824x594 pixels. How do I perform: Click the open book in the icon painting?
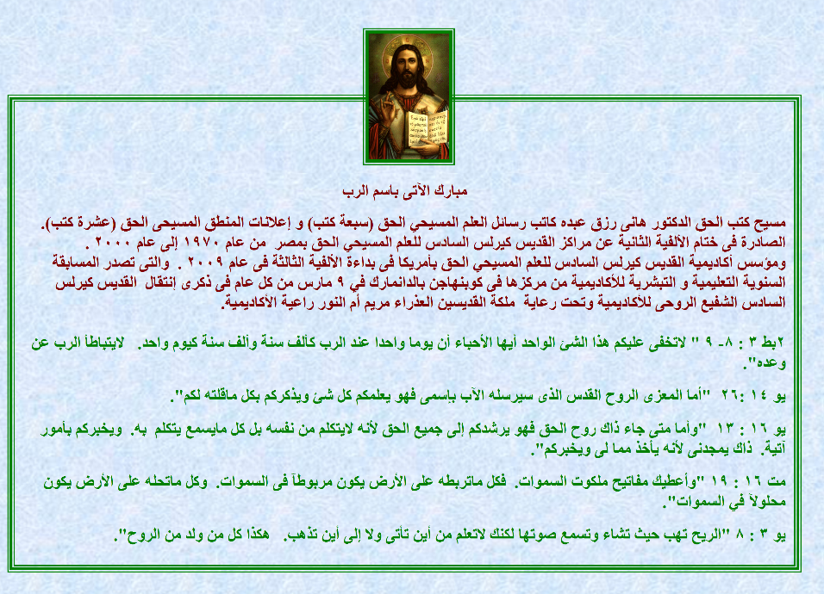[428, 127]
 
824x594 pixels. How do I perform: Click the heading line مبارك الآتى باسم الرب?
[404, 191]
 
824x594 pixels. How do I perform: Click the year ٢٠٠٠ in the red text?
[112, 243]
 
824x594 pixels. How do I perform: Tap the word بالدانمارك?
[396, 283]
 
